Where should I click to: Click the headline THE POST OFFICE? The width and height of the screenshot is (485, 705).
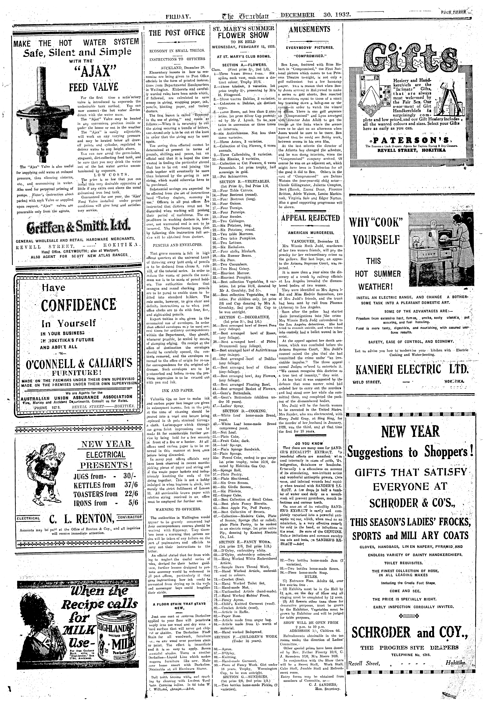pos(177,33)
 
